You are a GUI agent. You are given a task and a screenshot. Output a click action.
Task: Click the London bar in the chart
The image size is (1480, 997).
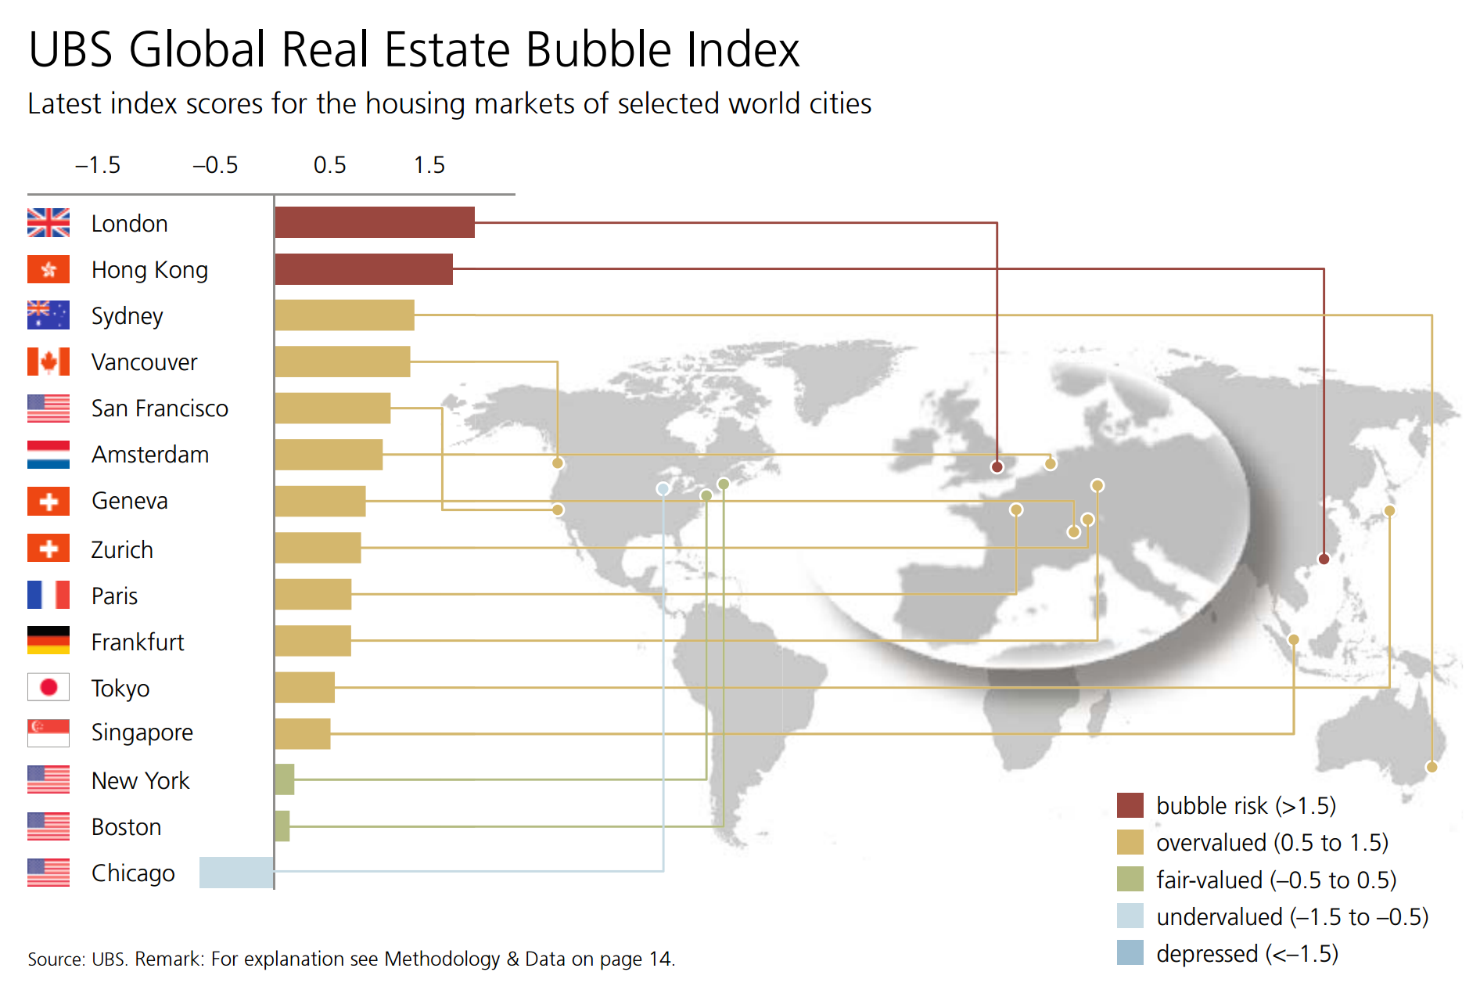(x=375, y=222)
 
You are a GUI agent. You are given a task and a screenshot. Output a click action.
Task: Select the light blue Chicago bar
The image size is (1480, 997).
(x=236, y=873)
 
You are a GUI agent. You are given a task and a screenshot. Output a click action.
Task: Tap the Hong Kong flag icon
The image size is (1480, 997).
(x=48, y=269)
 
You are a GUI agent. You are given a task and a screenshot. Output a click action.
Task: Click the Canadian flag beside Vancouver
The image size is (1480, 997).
(x=48, y=362)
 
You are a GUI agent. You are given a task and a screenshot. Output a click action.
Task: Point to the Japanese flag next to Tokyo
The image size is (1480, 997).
(x=48, y=687)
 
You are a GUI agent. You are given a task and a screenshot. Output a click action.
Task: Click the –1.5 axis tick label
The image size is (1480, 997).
(x=98, y=165)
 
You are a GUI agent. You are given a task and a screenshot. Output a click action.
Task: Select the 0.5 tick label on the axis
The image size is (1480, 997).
(x=329, y=165)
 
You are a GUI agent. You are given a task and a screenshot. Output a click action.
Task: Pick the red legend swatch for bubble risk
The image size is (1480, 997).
(x=1130, y=805)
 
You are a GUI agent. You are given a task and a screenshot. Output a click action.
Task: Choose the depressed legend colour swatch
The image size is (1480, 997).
(x=1130, y=953)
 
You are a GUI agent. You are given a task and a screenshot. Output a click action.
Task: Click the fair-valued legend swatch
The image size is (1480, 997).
(x=1130, y=880)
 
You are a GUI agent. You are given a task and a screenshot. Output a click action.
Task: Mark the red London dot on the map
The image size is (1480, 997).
(x=997, y=467)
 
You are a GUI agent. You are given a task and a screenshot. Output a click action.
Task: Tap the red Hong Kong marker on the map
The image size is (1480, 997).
(x=1324, y=559)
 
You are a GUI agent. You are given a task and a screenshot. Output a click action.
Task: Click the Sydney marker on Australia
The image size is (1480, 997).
(x=1432, y=767)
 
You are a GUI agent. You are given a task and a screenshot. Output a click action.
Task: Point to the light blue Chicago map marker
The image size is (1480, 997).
(x=663, y=489)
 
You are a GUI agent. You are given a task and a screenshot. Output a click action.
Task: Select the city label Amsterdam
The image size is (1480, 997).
(x=150, y=455)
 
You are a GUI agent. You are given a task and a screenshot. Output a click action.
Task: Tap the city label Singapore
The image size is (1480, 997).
(x=142, y=732)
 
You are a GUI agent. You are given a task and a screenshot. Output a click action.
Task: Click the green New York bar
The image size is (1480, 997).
(x=285, y=779)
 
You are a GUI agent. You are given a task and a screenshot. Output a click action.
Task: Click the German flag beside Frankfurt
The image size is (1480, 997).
(x=48, y=640)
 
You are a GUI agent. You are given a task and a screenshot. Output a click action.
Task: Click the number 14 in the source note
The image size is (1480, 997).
(x=660, y=959)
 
